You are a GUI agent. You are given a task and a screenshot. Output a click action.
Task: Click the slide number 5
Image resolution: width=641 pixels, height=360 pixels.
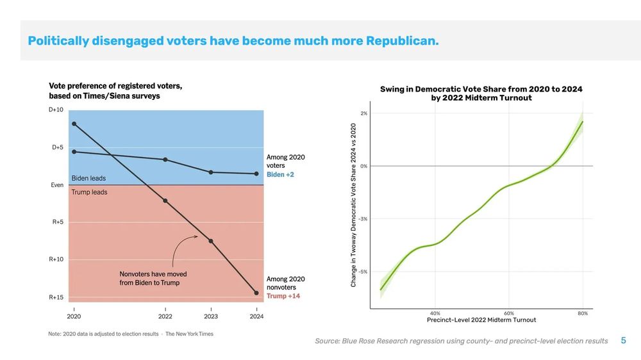coord(623,341)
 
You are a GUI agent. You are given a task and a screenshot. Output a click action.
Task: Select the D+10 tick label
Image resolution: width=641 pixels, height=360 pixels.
coord(56,110)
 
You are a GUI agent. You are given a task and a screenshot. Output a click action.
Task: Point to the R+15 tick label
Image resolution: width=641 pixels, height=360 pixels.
coord(56,297)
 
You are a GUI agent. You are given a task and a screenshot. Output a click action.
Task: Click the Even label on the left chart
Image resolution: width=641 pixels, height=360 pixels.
coord(57,185)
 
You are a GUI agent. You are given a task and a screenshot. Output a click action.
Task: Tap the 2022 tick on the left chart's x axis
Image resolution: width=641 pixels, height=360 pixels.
coord(165,316)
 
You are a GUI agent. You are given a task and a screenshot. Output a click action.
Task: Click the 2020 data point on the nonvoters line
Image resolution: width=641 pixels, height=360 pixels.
coord(74,124)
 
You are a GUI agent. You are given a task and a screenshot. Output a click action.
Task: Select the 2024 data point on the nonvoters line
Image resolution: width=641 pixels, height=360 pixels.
coord(256,293)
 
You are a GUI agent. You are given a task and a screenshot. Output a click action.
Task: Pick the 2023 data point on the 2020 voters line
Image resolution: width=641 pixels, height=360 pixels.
coord(211,172)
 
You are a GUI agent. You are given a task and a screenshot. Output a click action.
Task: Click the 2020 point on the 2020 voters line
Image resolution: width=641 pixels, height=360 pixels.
coord(74,152)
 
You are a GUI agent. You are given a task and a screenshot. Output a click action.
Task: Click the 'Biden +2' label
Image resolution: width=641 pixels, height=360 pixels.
coord(280,175)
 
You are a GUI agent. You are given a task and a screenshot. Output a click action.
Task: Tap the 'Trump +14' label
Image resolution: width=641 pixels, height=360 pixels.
coord(283,297)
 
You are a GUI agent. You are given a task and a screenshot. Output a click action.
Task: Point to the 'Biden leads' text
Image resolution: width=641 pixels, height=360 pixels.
coord(88,178)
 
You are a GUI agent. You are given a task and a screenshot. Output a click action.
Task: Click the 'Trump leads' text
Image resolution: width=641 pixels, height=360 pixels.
coord(89,192)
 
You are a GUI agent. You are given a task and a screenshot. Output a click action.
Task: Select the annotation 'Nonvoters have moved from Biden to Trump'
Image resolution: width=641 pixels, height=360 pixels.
coord(153,278)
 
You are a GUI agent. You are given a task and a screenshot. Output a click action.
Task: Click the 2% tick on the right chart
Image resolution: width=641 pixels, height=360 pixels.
coord(363,113)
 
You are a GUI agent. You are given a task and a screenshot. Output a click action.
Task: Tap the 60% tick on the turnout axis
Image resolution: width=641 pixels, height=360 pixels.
coord(509,313)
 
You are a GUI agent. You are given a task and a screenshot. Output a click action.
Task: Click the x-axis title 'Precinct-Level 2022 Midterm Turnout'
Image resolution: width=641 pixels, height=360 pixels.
coord(481,320)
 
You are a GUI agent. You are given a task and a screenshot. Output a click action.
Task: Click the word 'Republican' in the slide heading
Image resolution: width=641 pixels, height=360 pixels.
coord(402,41)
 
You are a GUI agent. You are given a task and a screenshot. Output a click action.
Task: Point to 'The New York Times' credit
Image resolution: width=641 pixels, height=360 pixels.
coord(189,334)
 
